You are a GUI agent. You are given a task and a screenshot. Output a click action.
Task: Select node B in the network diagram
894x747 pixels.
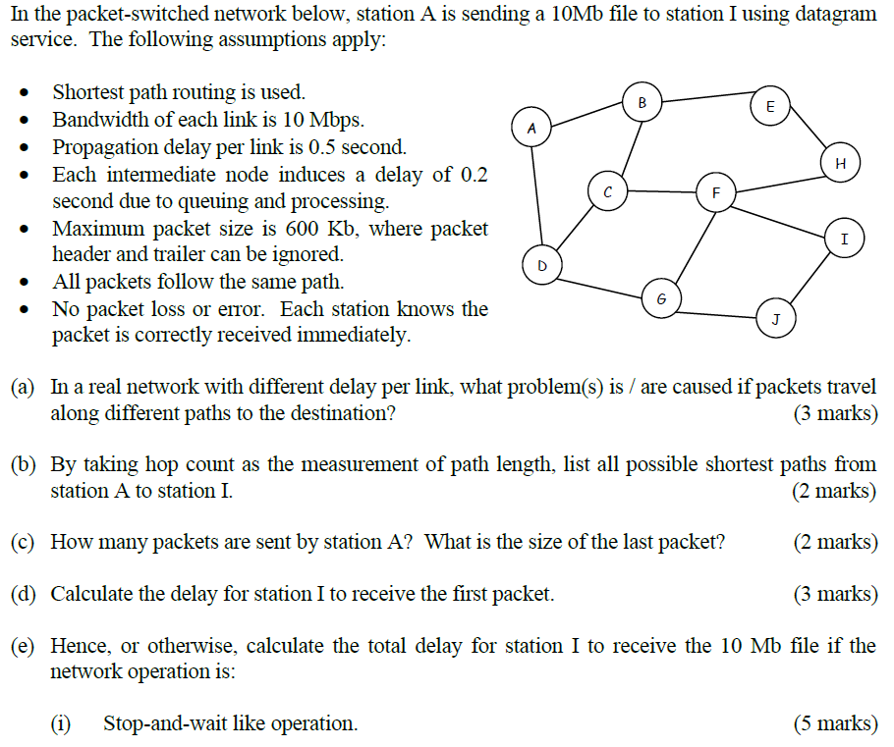click(x=642, y=103)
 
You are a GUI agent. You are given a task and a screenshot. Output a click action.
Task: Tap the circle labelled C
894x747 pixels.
click(x=608, y=191)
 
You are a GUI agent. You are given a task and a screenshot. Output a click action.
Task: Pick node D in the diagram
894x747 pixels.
click(x=541, y=265)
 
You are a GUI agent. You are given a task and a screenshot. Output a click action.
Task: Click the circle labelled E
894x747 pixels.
click(x=769, y=105)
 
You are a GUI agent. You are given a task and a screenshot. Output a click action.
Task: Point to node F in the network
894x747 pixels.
click(x=715, y=191)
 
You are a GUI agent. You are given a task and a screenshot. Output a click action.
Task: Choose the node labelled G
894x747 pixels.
click(x=661, y=296)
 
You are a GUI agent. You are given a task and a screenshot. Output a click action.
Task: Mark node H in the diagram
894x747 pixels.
click(x=839, y=163)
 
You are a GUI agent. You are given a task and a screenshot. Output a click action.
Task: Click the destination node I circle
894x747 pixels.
click(x=844, y=239)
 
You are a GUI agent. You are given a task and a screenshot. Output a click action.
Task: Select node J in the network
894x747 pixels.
click(x=775, y=319)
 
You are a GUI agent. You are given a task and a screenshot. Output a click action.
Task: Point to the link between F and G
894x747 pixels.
click(x=688, y=244)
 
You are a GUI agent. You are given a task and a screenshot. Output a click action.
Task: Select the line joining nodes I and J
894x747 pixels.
click(x=811, y=277)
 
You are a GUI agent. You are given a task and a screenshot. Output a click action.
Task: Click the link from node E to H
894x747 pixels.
click(x=806, y=135)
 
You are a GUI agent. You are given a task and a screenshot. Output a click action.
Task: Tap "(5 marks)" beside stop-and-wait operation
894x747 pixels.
click(x=834, y=723)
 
